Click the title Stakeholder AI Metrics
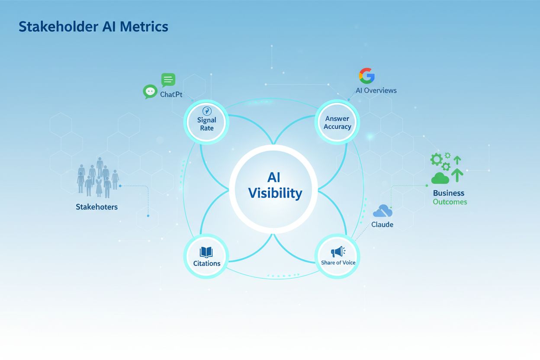[x=93, y=27]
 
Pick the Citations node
[x=206, y=257]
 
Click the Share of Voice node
[x=338, y=257]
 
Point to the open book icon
[x=206, y=252]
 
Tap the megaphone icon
[x=337, y=252]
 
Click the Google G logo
[x=366, y=76]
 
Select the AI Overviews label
[x=376, y=90]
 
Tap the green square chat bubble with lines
[x=168, y=80]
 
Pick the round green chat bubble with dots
[x=150, y=92]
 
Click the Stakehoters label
[x=96, y=207]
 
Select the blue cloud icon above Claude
[x=383, y=211]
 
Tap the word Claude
[x=382, y=225]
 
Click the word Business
[x=448, y=193]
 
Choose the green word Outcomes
[x=450, y=202]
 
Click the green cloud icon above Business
[x=440, y=178]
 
